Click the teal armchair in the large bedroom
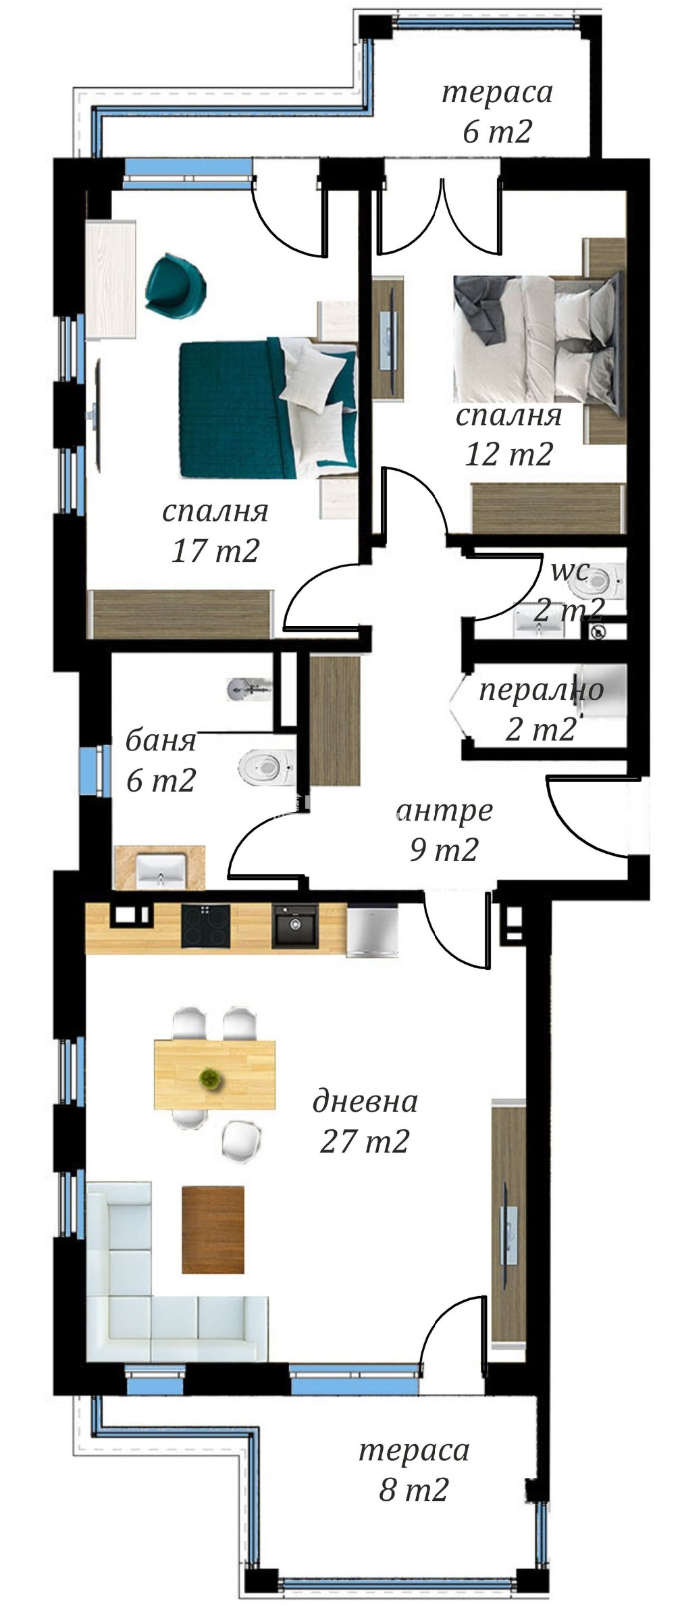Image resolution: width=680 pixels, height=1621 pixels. pos(175,284)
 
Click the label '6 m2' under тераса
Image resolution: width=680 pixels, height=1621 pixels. pos(497,131)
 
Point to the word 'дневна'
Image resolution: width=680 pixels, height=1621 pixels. pos(365,1102)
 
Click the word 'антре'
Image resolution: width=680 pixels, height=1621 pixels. pos(445,810)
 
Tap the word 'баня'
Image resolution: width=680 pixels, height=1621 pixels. pos(161,741)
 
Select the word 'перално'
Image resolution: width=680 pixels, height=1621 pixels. pos(541,690)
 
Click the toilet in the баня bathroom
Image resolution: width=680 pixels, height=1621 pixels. pos(267,767)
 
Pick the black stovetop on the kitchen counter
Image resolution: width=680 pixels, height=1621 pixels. pos(205,926)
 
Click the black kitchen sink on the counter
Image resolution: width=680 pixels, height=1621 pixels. pos(294,926)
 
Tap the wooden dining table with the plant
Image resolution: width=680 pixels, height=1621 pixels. pos(215,1075)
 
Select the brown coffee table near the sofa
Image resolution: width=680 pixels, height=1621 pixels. pos(213,1230)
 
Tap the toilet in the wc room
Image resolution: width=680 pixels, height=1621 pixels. pos(598,579)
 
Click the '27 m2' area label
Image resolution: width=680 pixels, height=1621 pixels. pos(365,1141)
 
